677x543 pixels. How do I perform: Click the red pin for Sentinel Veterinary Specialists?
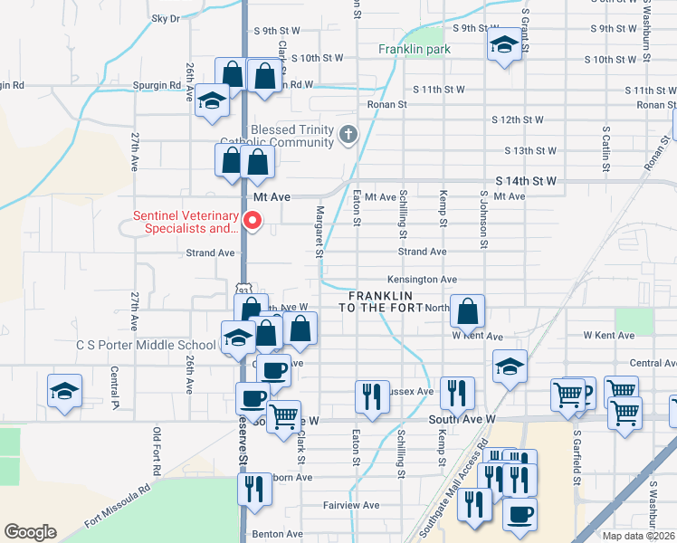click(254, 219)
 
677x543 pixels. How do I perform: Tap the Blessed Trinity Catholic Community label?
click(291, 136)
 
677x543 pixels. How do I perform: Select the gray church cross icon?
click(348, 137)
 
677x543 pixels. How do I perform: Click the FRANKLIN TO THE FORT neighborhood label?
click(376, 302)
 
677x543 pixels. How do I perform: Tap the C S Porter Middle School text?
click(146, 345)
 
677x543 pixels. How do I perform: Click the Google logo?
click(30, 532)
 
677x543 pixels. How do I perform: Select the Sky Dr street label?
click(166, 18)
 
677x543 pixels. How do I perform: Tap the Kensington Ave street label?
click(422, 280)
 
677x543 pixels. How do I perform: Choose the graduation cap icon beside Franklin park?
click(502, 45)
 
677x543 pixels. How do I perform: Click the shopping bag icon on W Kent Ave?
click(467, 312)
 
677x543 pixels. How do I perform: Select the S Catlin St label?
click(605, 149)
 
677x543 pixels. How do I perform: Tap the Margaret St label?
click(319, 230)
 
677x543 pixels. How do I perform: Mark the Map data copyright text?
click(638, 535)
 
